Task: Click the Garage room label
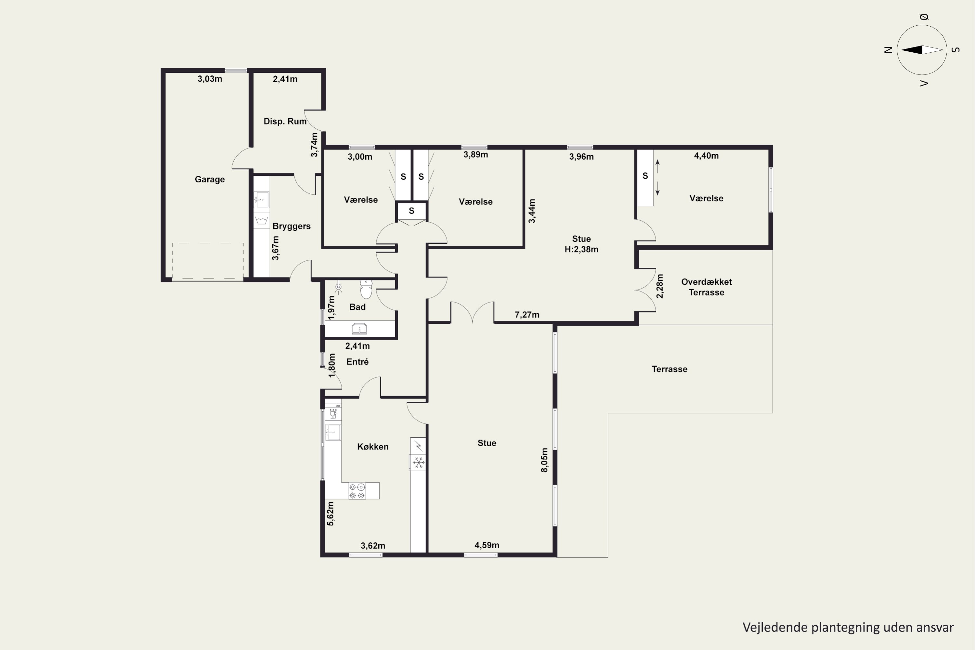[210, 179]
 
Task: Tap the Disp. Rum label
[285, 122]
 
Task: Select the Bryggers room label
[292, 226]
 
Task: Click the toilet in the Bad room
[366, 289]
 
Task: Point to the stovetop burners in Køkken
[357, 491]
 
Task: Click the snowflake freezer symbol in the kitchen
[419, 462]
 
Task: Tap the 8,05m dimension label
[544, 460]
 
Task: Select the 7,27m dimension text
[527, 315]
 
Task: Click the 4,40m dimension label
[706, 156]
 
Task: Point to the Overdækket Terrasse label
[706, 287]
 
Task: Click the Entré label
[357, 362]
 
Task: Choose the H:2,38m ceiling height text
[581, 250]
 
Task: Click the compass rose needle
[922, 50]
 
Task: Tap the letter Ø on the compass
[924, 17]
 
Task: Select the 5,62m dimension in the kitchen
[331, 513]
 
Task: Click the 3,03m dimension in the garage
[210, 79]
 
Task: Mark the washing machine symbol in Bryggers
[261, 220]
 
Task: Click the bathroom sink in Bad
[359, 329]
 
